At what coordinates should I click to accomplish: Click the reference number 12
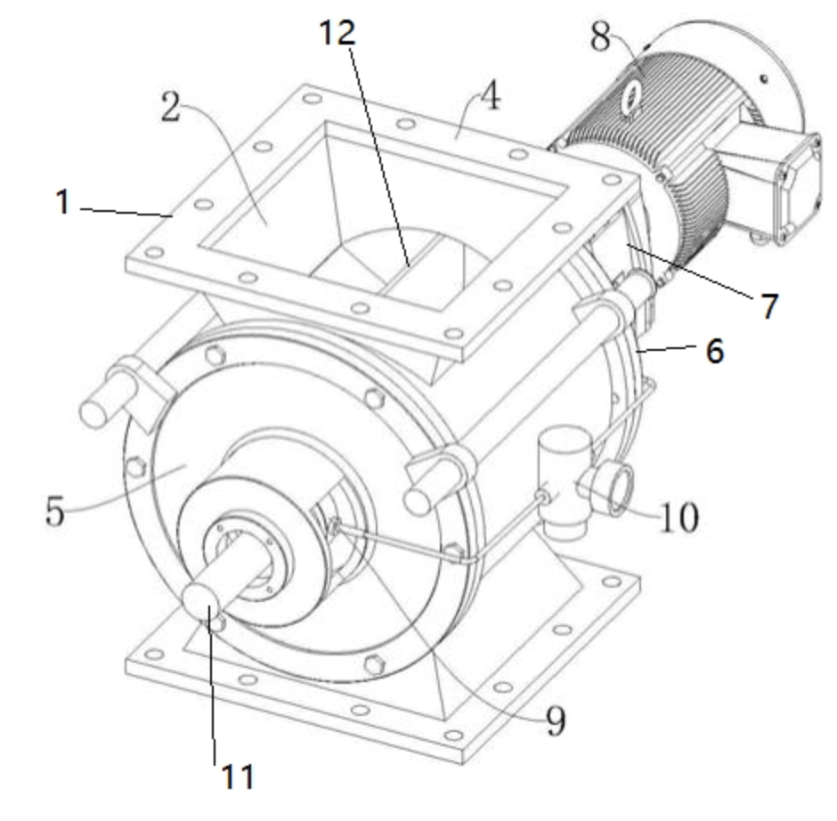coord(339,33)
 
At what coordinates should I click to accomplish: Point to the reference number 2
coord(172,107)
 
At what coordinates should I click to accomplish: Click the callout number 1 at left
coord(62,203)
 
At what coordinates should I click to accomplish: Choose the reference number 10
coord(679,516)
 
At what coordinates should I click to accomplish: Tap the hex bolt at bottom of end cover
coord(373,662)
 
